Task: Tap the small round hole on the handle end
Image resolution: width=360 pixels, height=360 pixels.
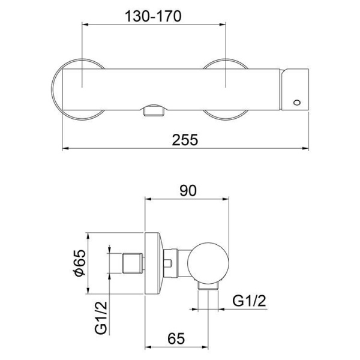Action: point(295,103)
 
